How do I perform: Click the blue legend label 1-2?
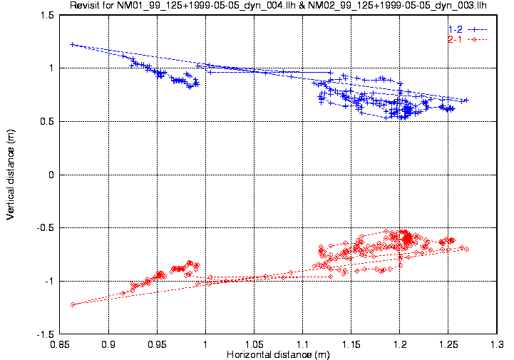(455, 29)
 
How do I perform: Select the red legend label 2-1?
(455, 39)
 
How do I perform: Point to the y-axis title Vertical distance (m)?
(11, 175)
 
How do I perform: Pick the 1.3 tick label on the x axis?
(496, 344)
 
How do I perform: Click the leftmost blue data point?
(73, 44)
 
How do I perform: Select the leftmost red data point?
(73, 304)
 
